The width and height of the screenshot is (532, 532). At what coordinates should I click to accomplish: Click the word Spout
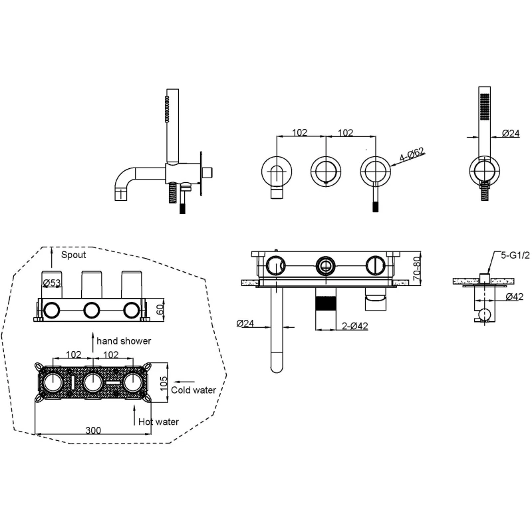[x=73, y=255]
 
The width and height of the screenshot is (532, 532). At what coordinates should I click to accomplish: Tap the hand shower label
[x=124, y=340]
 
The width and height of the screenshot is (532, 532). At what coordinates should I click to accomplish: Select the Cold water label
[x=194, y=390]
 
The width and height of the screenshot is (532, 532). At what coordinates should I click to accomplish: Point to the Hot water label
[x=158, y=422]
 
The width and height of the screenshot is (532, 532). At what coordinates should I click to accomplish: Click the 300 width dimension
[x=94, y=430]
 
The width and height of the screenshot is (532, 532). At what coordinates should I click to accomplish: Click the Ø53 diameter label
[x=52, y=283]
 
